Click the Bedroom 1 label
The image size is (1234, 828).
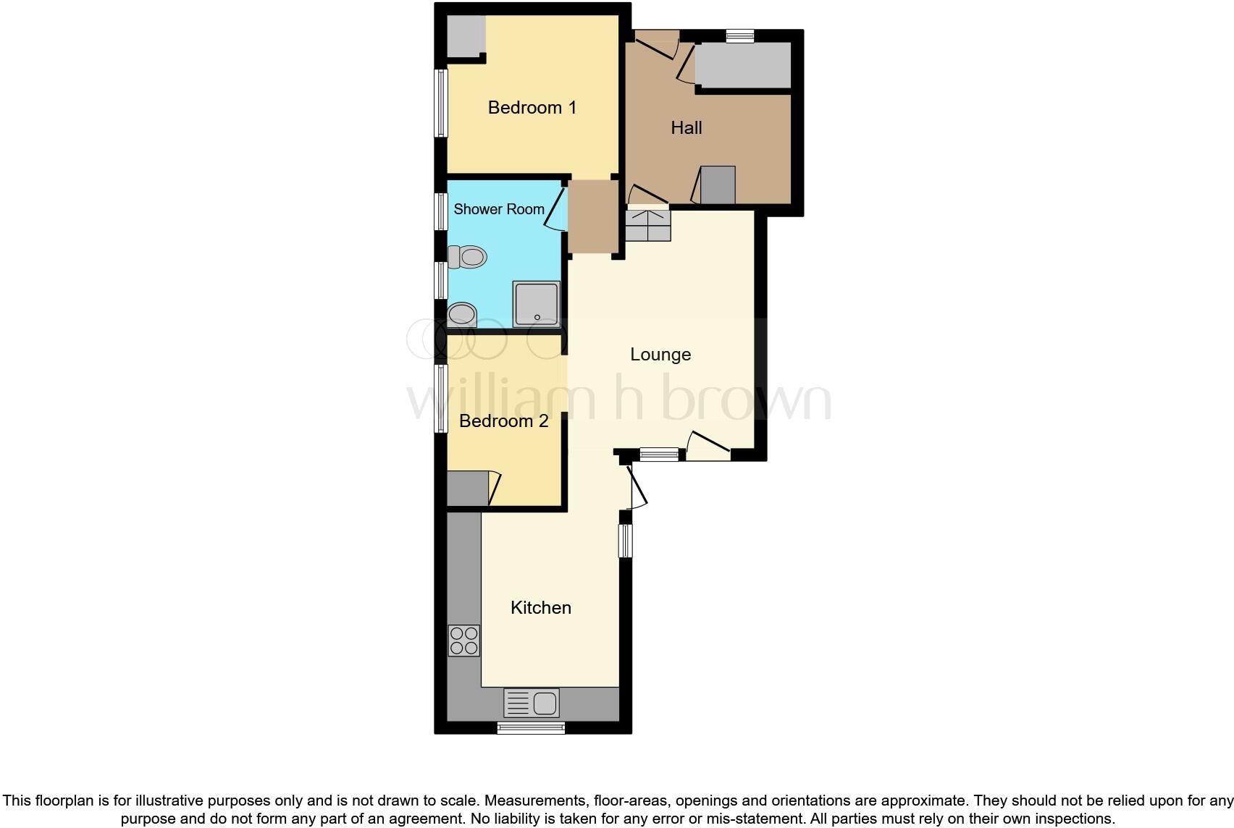532,108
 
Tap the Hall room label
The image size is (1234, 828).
686,128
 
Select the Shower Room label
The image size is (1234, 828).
498,209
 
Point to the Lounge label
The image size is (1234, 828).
660,355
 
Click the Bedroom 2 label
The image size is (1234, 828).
503,421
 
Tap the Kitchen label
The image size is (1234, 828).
540,608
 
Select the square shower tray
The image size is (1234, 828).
536,304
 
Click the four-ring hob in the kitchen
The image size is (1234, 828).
463,641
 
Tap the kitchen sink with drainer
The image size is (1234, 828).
532,703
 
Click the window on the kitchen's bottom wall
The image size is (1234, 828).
530,728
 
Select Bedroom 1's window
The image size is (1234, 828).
440,103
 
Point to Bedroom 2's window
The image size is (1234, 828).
440,398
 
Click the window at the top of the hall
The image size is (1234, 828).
740,35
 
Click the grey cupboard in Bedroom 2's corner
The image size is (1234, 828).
467,489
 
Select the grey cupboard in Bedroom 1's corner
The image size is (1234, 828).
465,36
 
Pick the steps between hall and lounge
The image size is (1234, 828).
647,225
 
